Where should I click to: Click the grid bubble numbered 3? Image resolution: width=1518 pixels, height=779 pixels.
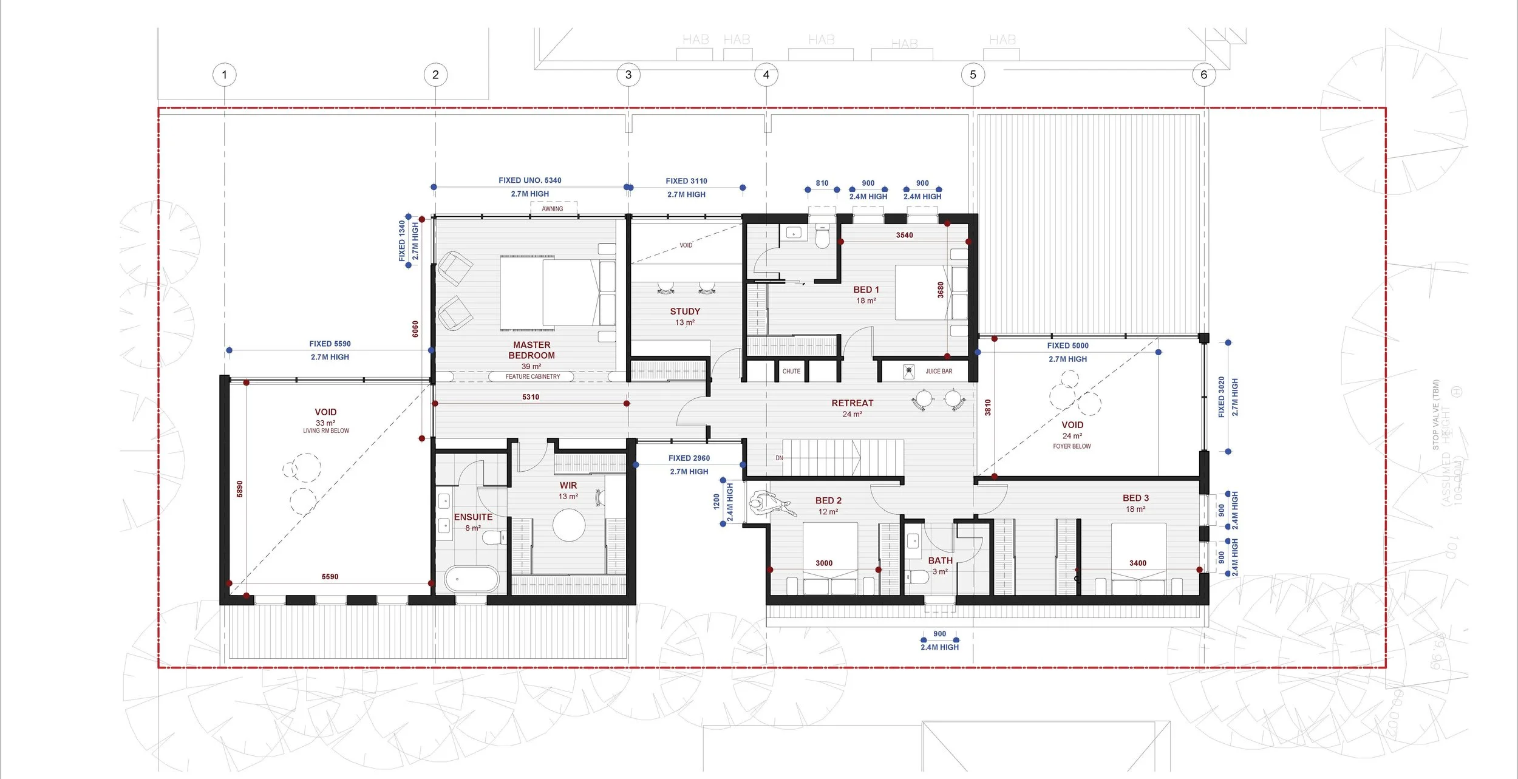point(628,75)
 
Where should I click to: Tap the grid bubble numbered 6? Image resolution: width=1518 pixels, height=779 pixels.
point(1203,75)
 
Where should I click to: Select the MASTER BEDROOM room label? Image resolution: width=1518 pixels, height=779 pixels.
point(531,350)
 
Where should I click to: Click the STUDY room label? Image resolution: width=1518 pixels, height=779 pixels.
point(685,311)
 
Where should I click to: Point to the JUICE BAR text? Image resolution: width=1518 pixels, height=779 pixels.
point(939,371)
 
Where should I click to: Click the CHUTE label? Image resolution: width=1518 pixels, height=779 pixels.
point(791,371)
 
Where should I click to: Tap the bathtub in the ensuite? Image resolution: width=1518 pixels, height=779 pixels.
point(472,579)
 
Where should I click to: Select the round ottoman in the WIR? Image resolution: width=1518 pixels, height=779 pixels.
point(569,525)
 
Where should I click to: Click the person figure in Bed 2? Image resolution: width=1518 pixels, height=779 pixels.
point(768,504)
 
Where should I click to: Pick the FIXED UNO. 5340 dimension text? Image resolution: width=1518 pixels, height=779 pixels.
point(529,180)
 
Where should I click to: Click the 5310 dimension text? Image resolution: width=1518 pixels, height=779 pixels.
point(531,397)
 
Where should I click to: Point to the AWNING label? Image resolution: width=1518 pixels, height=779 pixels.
point(552,209)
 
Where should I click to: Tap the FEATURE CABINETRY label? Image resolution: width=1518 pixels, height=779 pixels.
point(533,376)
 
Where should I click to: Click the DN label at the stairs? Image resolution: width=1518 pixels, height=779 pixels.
point(779,458)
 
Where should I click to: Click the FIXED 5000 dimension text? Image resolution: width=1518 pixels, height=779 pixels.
point(1067,345)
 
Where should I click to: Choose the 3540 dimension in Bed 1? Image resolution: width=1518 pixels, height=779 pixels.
point(904,235)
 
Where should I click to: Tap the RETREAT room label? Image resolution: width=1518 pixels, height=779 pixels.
point(852,403)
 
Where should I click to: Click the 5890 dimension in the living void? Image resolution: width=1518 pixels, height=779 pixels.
point(240,489)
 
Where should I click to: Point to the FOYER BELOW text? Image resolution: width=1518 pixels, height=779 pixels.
point(1072,446)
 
